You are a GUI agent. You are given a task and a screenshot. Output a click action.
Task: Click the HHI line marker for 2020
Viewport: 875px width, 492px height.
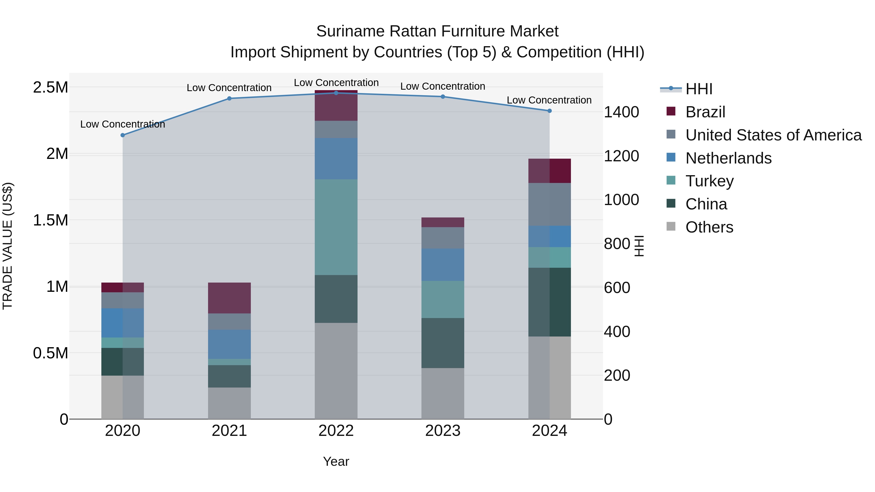click(x=123, y=135)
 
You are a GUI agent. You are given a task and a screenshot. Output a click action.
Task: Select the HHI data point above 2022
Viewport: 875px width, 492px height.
click(x=336, y=93)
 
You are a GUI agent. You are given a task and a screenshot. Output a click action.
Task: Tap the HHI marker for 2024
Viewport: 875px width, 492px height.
click(x=549, y=111)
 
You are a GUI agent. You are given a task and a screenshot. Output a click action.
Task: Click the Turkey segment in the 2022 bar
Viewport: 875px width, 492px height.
click(x=336, y=227)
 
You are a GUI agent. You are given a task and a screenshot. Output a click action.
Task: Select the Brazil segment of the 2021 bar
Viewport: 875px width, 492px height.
click(x=229, y=298)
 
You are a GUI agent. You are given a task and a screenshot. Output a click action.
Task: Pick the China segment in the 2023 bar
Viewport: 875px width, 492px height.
click(x=443, y=343)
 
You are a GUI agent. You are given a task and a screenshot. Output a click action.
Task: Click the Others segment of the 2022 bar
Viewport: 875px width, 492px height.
click(x=336, y=371)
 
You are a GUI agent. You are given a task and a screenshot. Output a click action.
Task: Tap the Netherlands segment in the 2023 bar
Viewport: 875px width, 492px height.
click(x=443, y=265)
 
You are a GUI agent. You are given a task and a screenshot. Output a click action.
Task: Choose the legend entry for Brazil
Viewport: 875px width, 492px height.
click(x=705, y=112)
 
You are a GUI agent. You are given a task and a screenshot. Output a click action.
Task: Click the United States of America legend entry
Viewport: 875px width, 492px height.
click(x=773, y=135)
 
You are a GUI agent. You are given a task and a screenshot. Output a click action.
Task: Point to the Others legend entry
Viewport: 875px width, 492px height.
click(x=709, y=227)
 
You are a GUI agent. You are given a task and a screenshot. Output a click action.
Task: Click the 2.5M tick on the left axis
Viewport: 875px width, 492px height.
click(x=50, y=88)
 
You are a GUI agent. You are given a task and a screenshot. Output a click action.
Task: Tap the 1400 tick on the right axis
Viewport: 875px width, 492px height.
click(x=621, y=112)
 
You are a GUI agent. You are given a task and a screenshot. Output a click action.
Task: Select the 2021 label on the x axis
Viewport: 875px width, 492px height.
click(x=229, y=431)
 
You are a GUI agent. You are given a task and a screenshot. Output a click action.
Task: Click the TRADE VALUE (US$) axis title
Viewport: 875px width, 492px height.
click(x=8, y=246)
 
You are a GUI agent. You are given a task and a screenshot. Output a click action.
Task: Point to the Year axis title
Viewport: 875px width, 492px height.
click(x=336, y=461)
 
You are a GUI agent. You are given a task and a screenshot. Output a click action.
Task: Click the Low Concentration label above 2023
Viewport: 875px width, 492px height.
click(x=443, y=86)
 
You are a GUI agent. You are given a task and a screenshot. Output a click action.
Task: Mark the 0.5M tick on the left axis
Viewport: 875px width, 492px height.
click(x=50, y=353)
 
